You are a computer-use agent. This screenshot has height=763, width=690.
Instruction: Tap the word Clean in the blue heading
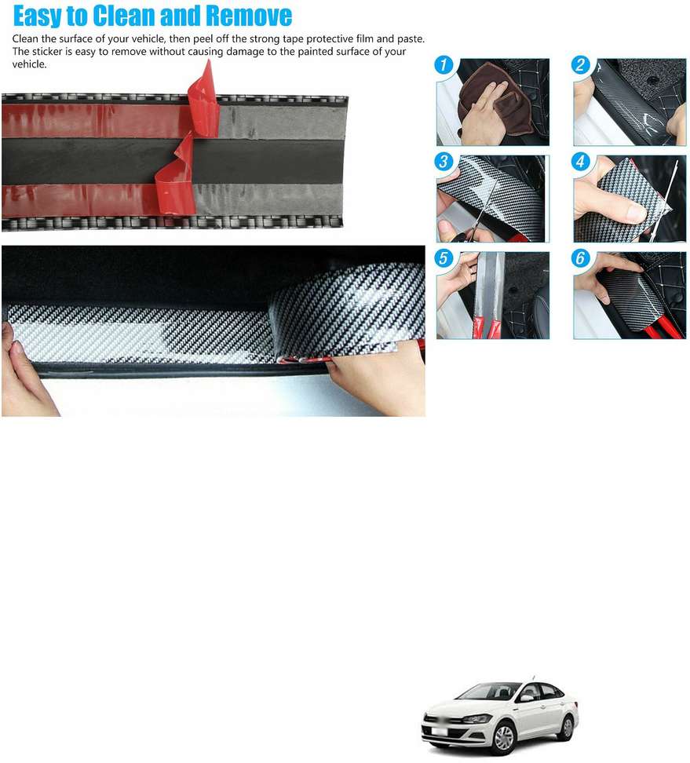(x=126, y=15)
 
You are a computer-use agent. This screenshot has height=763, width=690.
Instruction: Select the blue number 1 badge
(x=445, y=65)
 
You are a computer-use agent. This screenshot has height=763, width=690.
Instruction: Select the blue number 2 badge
(x=582, y=65)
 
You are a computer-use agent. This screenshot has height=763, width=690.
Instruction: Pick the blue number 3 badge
(x=445, y=162)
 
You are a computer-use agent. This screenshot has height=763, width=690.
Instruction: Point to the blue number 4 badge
(x=582, y=162)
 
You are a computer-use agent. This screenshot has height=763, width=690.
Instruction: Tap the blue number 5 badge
(x=445, y=259)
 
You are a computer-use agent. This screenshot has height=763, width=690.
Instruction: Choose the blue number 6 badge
(x=582, y=259)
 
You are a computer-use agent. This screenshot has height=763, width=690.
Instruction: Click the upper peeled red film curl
(x=203, y=102)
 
